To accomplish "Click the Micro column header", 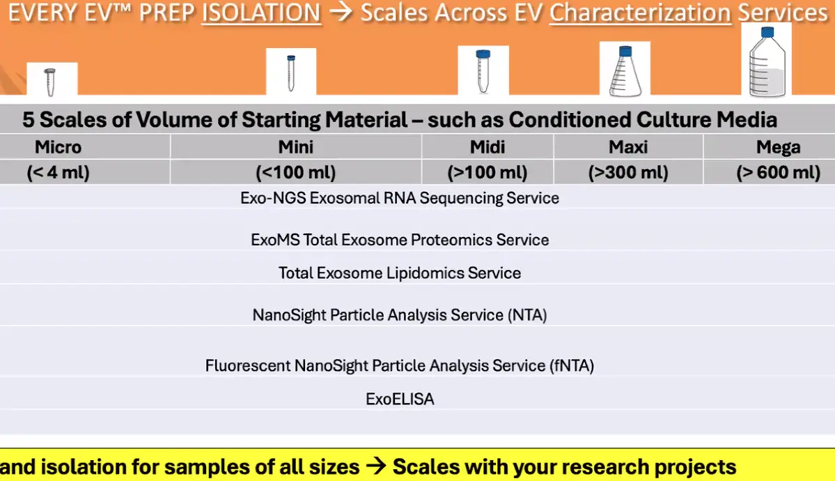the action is (x=58, y=146).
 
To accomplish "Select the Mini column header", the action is (x=295, y=146).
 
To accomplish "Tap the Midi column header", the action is (x=487, y=146).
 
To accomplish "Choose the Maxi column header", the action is (x=628, y=146).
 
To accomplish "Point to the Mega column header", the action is (x=778, y=147).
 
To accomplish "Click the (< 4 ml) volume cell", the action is (x=58, y=172).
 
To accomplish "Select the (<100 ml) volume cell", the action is (x=295, y=172).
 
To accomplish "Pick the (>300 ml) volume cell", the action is (x=628, y=172).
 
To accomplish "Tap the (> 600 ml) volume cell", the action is (x=778, y=172).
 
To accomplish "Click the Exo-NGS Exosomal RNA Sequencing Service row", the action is (x=400, y=198).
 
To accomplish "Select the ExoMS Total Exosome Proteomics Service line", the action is (x=400, y=240).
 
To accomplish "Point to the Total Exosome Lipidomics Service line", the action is (x=400, y=273).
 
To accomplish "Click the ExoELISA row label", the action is (x=400, y=399).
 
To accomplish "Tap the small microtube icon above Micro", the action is (x=50, y=82).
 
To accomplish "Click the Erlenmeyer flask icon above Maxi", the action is (x=625, y=71).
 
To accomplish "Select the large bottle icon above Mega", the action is (x=767, y=62).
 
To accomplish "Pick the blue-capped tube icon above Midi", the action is (x=483, y=71).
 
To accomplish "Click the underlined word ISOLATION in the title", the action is (x=261, y=13).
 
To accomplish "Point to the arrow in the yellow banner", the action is (x=376, y=466).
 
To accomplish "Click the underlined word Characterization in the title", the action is (x=640, y=13).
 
